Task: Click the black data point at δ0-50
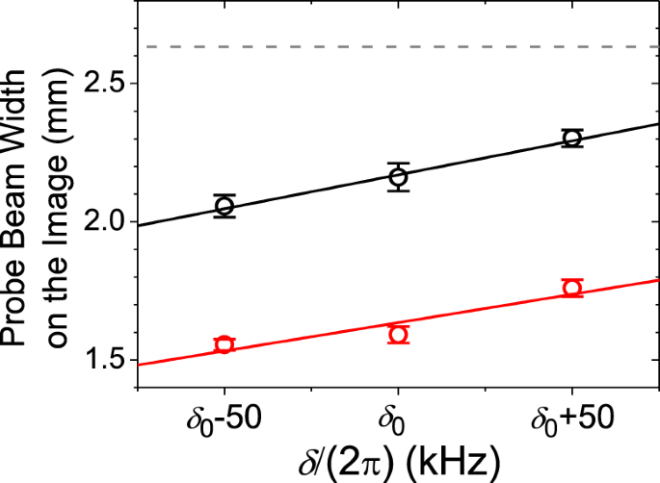[x=224, y=206]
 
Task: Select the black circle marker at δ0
[x=398, y=177]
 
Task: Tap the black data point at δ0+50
[x=572, y=138]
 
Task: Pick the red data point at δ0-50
[x=224, y=344]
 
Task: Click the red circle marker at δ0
[x=398, y=334]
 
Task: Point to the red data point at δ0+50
[x=572, y=288]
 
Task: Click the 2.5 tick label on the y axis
[x=107, y=84]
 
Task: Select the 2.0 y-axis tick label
[x=107, y=222]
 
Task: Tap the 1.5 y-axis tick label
[x=107, y=361]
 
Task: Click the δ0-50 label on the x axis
[x=224, y=423]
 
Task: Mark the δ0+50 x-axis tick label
[x=572, y=423]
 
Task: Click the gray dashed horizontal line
[x=385, y=46]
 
